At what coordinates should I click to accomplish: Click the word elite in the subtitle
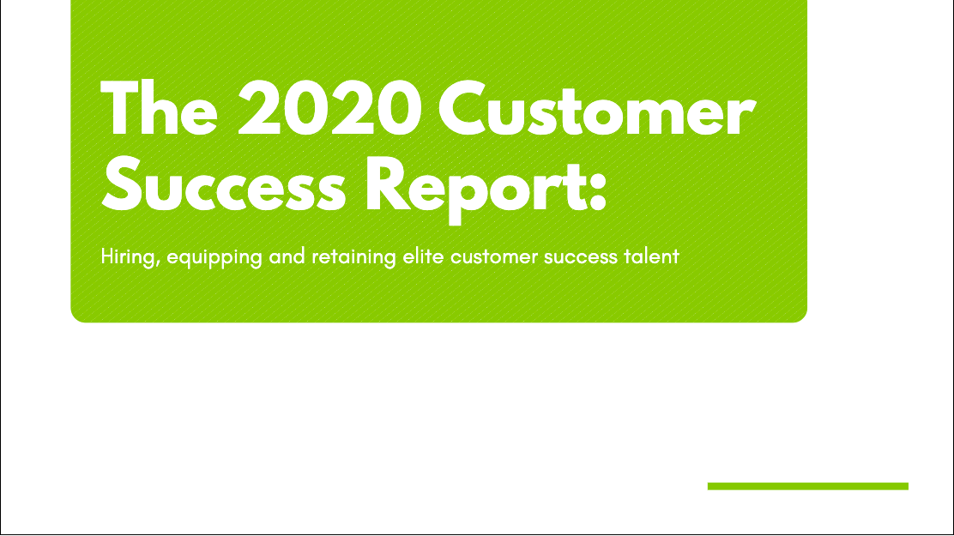point(419,256)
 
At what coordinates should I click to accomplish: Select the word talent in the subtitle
point(651,256)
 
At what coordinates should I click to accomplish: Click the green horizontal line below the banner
point(807,486)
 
